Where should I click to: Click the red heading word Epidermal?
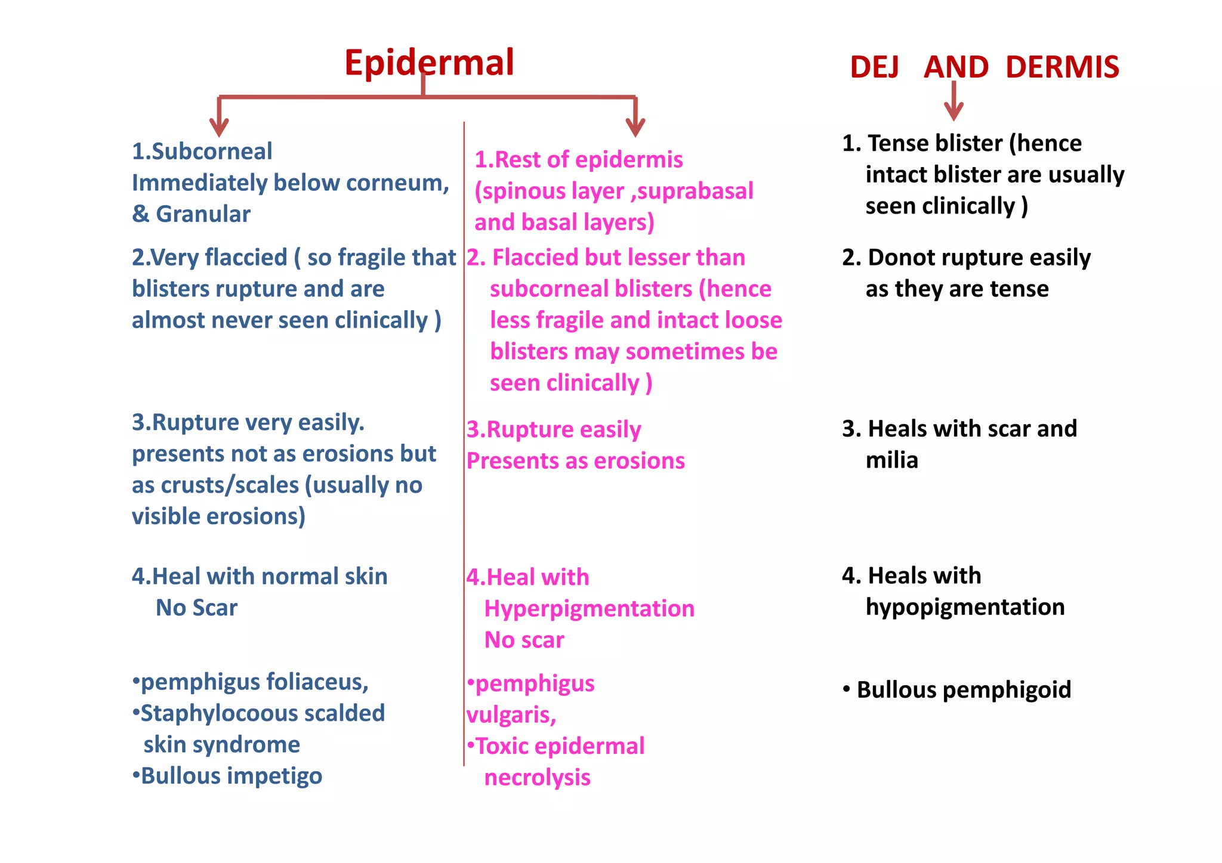click(429, 63)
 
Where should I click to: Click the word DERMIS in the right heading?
click(1062, 67)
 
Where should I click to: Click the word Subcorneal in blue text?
click(212, 151)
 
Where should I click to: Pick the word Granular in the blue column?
click(203, 214)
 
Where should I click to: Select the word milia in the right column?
click(891, 460)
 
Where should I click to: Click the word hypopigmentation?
click(965, 607)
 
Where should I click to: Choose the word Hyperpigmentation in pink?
click(590, 609)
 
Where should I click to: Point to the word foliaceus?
click(316, 682)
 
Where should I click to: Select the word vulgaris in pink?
click(511, 714)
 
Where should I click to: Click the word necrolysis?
click(537, 778)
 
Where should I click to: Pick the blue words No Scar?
click(196, 608)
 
